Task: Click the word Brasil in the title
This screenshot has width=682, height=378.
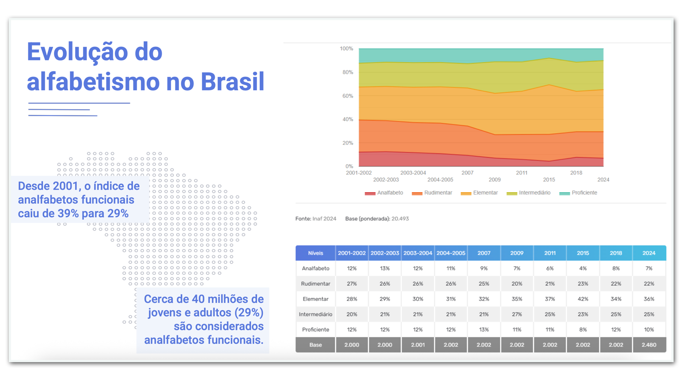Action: point(232,81)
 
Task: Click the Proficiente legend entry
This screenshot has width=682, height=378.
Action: point(578,193)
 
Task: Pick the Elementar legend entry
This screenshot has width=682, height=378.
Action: point(479,193)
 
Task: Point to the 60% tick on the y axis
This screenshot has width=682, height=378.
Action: point(348,96)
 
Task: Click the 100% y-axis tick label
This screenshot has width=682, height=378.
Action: point(346,49)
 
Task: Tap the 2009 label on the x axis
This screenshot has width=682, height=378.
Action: point(494,180)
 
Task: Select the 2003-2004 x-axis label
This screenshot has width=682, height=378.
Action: point(413,173)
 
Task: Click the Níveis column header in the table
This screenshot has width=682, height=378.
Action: point(315,253)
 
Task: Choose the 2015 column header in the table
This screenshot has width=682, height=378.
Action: point(583,253)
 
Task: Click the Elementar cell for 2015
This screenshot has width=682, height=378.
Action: point(583,299)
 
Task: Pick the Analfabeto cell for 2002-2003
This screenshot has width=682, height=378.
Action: point(385,268)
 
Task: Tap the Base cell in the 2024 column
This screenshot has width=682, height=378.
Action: point(649,345)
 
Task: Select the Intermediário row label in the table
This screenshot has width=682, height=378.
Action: point(315,314)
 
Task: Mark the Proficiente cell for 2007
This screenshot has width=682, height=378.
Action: point(484,329)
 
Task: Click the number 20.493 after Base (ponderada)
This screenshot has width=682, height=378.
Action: point(400,219)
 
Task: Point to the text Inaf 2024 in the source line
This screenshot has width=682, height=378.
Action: point(324,219)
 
